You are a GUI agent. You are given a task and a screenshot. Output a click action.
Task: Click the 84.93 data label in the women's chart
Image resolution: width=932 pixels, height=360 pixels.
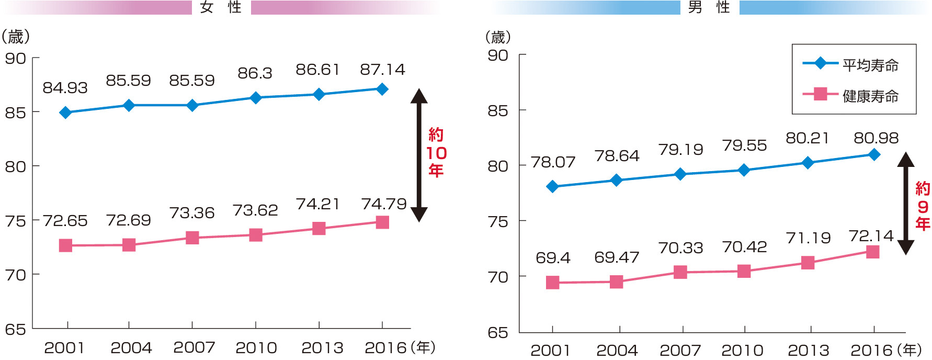coord(65,88)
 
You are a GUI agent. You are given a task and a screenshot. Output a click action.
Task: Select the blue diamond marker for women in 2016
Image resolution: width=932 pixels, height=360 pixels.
coord(382,89)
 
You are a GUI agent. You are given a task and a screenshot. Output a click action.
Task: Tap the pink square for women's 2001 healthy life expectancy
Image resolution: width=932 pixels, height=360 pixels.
coord(65,245)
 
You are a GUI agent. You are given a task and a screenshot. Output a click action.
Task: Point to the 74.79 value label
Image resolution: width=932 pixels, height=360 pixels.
coord(384,204)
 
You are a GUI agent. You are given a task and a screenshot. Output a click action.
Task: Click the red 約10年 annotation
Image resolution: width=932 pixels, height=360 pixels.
coord(436,152)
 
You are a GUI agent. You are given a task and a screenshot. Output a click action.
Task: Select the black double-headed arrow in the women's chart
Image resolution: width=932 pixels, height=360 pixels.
coord(419,155)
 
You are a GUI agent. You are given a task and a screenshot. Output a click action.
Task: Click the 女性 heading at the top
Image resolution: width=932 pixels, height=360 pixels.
coord(221,7)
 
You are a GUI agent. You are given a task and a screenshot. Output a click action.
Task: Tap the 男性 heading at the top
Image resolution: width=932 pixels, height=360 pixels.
coord(709,7)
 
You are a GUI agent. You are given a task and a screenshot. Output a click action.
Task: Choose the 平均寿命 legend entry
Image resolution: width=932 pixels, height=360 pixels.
coord(870,65)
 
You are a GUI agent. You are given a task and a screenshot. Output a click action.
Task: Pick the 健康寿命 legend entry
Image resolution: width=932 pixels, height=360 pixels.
coord(870,96)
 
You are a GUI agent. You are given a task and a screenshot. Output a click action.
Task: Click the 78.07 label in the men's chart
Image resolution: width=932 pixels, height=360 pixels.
coord(553,162)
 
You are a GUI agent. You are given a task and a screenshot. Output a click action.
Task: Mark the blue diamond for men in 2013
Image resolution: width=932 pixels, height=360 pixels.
coord(808,163)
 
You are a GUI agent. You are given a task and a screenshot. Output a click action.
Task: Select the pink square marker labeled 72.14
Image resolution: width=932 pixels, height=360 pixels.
coord(872,252)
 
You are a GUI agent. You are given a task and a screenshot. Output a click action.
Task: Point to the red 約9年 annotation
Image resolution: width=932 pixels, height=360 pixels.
coord(923,206)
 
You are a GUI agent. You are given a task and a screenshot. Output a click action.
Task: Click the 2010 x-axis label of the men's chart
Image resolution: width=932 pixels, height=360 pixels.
coord(742,350)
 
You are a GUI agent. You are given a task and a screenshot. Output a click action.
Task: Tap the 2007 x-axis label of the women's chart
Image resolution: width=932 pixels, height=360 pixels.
coord(194,347)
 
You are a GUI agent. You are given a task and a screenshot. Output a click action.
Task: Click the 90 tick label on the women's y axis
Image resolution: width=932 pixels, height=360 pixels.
coord(16,59)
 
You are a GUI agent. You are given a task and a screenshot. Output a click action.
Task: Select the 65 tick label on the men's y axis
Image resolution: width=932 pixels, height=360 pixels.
coord(498,333)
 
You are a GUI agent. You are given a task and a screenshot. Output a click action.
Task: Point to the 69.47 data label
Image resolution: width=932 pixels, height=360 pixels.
coord(617,257)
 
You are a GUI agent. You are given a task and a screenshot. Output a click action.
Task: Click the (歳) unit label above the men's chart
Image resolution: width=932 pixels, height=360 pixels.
coord(498,37)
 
